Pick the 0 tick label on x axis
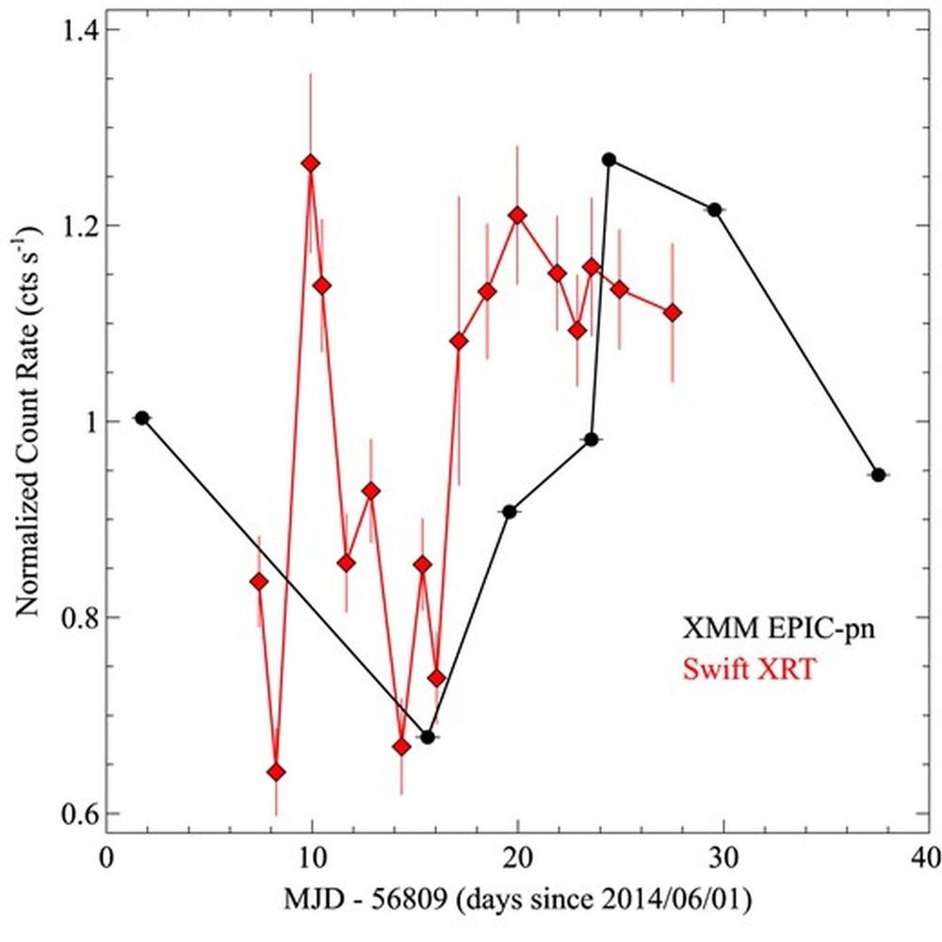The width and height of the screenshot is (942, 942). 106,858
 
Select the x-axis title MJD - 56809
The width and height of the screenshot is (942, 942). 516,902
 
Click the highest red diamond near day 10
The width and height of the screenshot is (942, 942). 310,163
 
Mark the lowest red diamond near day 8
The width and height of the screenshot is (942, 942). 276,772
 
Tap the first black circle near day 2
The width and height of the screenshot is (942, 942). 142,417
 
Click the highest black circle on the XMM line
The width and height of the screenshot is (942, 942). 609,159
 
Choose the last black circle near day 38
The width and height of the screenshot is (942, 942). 878,475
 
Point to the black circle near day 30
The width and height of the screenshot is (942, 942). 714,209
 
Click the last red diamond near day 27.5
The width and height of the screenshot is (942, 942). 672,313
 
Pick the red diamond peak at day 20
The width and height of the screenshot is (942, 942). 516,215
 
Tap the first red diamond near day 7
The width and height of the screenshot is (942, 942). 259,582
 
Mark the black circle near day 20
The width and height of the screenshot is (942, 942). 510,512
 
